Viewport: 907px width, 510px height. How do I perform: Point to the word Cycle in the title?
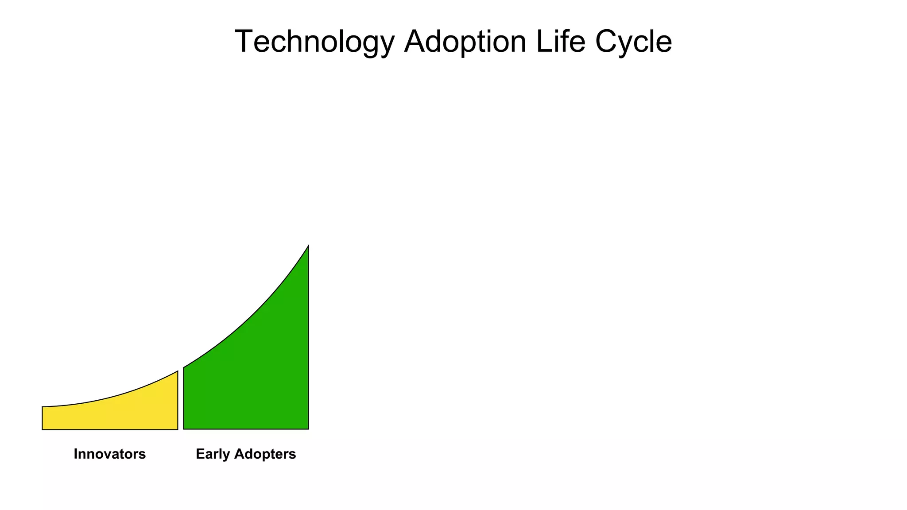point(633,42)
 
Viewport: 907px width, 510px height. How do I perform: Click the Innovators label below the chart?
point(109,454)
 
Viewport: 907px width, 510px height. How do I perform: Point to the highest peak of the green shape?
point(308,246)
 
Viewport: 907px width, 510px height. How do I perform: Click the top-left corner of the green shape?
point(184,367)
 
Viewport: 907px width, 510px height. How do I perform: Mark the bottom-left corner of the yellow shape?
point(43,429)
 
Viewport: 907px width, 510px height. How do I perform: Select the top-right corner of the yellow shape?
point(177,371)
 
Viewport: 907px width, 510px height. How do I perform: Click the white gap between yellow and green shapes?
point(181,403)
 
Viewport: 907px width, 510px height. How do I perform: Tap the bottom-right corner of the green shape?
point(308,429)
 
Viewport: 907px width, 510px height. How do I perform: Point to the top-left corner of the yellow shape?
point(43,407)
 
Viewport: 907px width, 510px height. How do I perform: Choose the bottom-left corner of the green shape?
point(184,429)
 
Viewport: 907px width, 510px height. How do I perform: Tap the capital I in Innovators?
point(76,454)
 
